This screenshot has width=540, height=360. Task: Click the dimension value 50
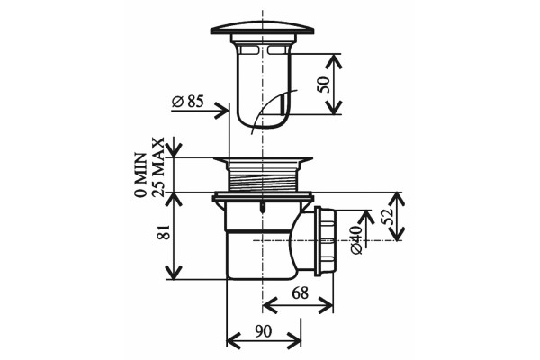click(x=324, y=85)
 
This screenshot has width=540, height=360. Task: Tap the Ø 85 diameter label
click(x=188, y=102)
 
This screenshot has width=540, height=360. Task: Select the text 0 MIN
click(x=140, y=175)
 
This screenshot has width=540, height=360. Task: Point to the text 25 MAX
click(x=158, y=167)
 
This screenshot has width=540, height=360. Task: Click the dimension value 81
click(x=164, y=232)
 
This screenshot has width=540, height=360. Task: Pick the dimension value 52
click(x=389, y=216)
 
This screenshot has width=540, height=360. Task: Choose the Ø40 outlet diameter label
click(x=356, y=240)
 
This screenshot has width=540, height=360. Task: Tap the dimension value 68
click(x=300, y=293)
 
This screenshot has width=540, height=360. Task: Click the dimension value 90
click(x=264, y=331)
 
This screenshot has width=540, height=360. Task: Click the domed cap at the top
click(x=263, y=28)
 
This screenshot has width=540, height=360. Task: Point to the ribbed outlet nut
click(x=325, y=241)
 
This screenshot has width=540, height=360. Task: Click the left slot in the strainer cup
click(x=249, y=50)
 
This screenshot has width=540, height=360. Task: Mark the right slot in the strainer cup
click(x=276, y=50)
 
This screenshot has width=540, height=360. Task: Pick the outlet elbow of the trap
click(x=302, y=241)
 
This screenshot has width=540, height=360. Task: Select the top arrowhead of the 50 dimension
click(x=333, y=61)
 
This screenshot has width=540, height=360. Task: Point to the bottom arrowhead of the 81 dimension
click(x=174, y=272)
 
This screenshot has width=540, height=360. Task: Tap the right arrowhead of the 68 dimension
click(x=326, y=305)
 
